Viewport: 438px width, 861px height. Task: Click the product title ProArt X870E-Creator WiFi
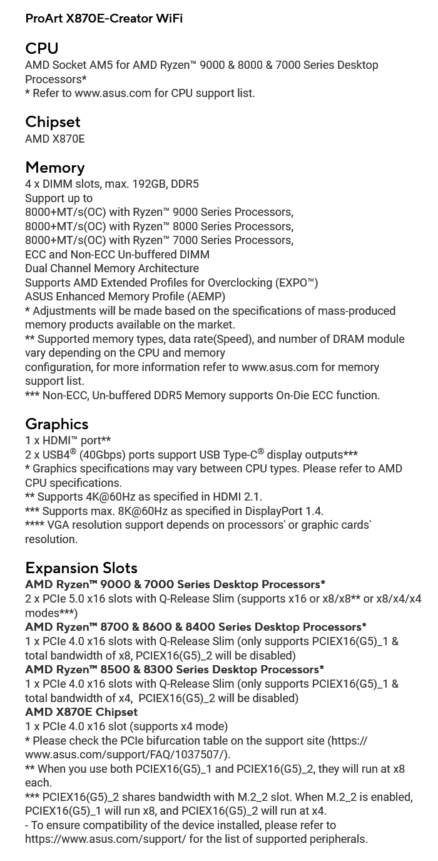(104, 19)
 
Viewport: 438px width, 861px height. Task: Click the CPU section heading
(42, 48)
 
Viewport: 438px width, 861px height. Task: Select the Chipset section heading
(53, 121)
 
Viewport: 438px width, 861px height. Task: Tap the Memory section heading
(55, 167)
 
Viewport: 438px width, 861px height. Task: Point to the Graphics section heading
(57, 424)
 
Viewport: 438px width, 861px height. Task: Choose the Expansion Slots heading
(81, 568)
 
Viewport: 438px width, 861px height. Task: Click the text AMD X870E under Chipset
(55, 139)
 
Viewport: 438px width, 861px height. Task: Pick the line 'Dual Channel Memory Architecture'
(112, 268)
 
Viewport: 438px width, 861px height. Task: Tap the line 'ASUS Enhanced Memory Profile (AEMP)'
(125, 297)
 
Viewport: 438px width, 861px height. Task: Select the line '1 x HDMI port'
(68, 441)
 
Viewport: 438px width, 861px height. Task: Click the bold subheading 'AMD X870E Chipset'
(81, 712)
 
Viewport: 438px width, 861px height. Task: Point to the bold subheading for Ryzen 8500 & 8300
(175, 670)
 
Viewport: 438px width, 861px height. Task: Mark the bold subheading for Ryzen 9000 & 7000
(175, 584)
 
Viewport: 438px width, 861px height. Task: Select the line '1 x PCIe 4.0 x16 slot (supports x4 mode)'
(126, 726)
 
